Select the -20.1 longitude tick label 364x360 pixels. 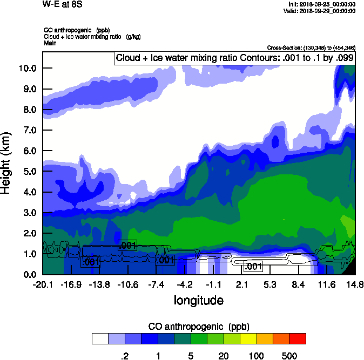[x=42, y=285]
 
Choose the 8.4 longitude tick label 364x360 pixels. [x=299, y=285]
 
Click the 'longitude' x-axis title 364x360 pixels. [x=198, y=300]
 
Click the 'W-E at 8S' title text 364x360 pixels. [x=59, y=4]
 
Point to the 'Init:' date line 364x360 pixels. [x=322, y=4]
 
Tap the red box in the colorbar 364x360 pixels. [x=298, y=338]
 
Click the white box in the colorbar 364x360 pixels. [x=100, y=338]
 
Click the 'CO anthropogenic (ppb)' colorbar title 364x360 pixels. [x=198, y=327]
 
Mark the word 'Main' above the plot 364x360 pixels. [x=50, y=43]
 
